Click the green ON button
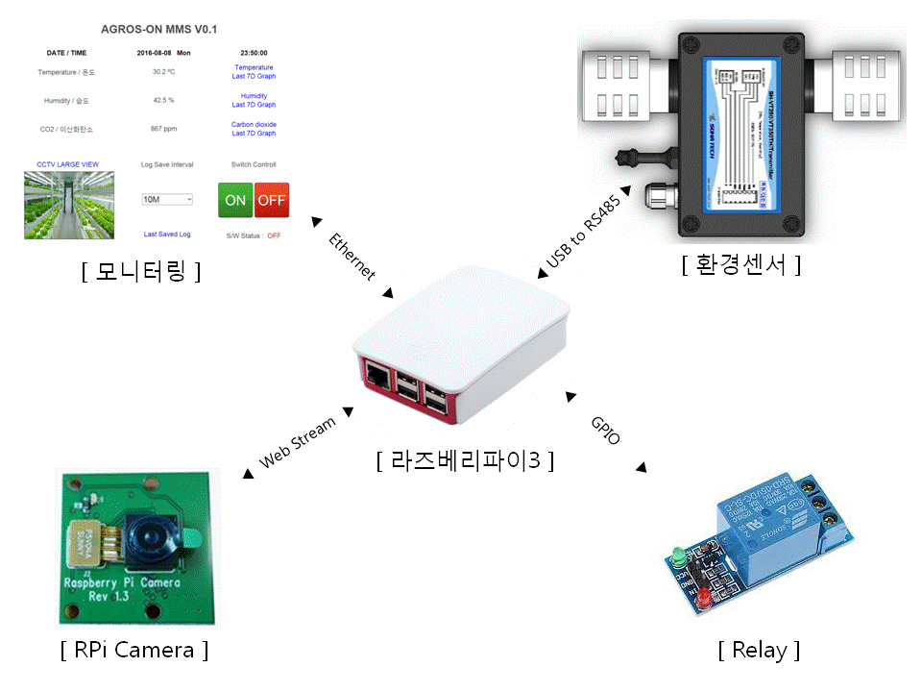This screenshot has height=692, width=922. [x=235, y=200]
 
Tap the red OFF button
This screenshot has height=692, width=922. [x=272, y=200]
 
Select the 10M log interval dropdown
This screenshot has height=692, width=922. [x=167, y=199]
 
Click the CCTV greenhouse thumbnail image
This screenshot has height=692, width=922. [x=69, y=205]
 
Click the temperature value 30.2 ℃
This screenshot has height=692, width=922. [x=163, y=72]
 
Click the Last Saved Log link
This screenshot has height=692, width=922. [x=167, y=235]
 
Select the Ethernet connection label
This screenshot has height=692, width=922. [x=351, y=257]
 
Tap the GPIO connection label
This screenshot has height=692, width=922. [x=606, y=430]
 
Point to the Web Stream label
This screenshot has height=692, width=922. [x=298, y=443]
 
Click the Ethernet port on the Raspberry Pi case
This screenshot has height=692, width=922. [x=378, y=377]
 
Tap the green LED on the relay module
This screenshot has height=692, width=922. [x=677, y=556]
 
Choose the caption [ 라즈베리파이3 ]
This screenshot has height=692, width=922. [x=466, y=460]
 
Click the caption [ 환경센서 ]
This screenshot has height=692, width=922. [x=741, y=264]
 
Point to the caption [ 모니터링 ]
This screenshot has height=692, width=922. [x=141, y=272]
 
